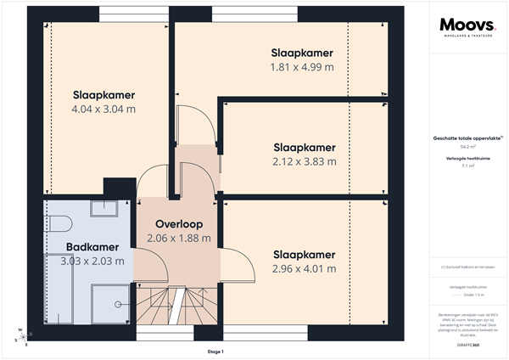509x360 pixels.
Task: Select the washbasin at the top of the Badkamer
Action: pos(103,211)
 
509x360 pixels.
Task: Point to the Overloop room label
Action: pos(176,224)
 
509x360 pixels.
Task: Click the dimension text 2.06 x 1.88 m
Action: pos(176,238)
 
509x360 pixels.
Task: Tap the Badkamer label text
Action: pos(92,247)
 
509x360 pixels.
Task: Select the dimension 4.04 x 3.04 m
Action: pos(103,109)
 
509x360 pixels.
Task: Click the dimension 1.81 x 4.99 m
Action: pos(302,67)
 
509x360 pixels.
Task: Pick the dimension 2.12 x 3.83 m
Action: pos(304,161)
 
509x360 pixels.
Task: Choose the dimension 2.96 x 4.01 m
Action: pos(304,269)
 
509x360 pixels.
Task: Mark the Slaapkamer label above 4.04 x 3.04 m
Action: pos(103,94)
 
